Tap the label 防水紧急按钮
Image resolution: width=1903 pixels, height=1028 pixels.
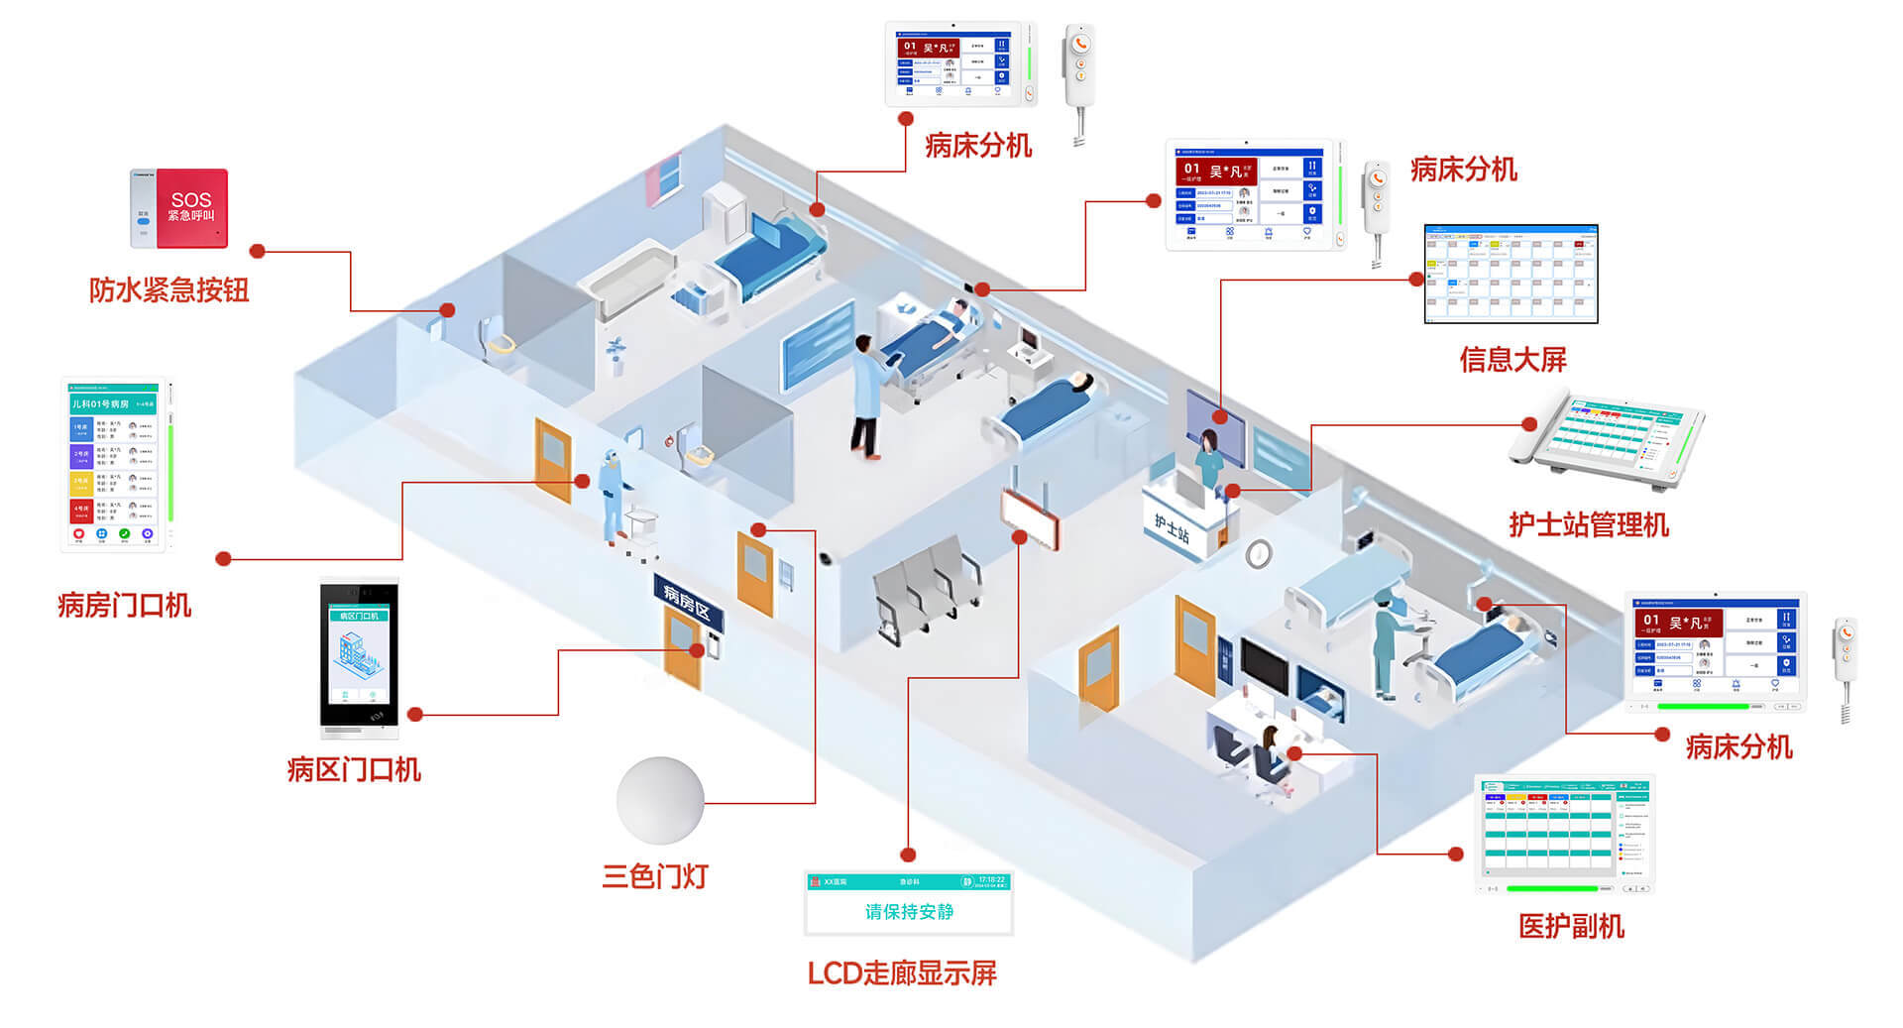[x=168, y=290]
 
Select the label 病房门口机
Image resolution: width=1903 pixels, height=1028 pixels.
[x=125, y=605]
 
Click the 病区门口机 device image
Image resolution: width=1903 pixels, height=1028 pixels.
[x=359, y=657]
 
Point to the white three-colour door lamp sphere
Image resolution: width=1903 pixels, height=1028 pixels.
[x=660, y=800]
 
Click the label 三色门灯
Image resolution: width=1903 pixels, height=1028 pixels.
[x=655, y=876]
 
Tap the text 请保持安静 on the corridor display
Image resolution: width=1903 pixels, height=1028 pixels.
[x=909, y=912]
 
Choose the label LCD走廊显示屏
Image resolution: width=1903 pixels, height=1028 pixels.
[x=902, y=973]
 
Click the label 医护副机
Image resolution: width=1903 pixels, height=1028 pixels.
[x=1571, y=927]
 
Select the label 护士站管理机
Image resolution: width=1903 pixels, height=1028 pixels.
[x=1589, y=524]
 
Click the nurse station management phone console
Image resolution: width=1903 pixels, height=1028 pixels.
[x=1606, y=441]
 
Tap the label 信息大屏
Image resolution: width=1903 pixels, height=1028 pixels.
[x=1512, y=359]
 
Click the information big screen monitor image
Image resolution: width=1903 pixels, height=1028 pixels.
[x=1511, y=275]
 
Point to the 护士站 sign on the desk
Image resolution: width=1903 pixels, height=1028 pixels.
[x=1172, y=529]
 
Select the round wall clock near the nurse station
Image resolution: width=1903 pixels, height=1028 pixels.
[x=1259, y=553]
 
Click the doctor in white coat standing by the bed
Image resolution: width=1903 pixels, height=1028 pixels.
[x=869, y=397]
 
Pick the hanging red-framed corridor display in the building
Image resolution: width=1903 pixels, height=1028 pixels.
[x=1029, y=519]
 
